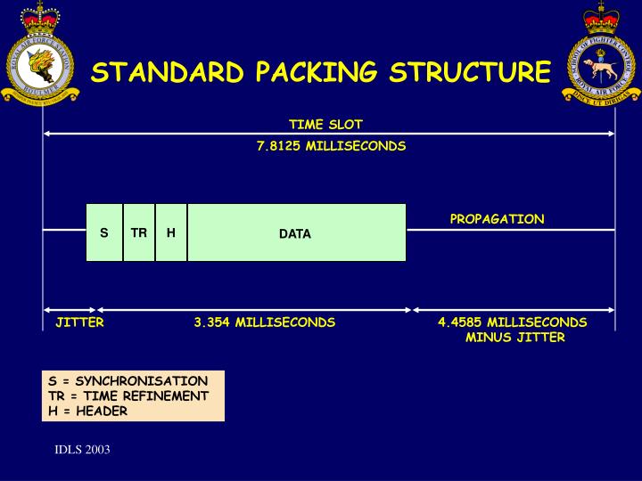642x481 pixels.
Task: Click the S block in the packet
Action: pyautogui.click(x=104, y=232)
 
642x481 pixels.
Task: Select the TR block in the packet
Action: pyautogui.click(x=139, y=232)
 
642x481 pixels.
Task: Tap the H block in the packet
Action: pyautogui.click(x=171, y=232)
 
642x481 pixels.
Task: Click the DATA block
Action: pyautogui.click(x=295, y=233)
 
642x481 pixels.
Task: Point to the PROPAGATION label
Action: pyautogui.click(x=497, y=219)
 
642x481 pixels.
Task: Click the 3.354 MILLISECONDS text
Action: pyautogui.click(x=265, y=322)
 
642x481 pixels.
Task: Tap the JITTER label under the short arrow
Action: pyautogui.click(x=79, y=322)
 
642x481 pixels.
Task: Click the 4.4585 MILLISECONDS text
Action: pyautogui.click(x=513, y=322)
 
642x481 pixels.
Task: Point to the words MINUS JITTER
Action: pyautogui.click(x=514, y=337)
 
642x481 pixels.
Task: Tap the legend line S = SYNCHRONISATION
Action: pyautogui.click(x=128, y=381)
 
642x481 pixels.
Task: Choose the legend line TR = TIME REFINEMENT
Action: pyautogui.click(x=128, y=395)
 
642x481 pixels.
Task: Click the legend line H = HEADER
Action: pyautogui.click(x=88, y=411)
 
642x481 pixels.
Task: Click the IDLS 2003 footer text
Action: pyautogui.click(x=82, y=450)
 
